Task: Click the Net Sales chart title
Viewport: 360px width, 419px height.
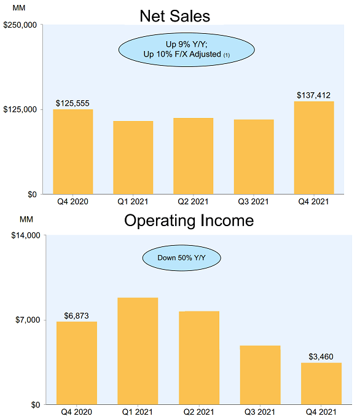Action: [x=174, y=15]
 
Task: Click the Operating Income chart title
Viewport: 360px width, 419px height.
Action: [x=189, y=220]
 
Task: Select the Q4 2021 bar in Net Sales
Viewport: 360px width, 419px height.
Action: [x=314, y=148]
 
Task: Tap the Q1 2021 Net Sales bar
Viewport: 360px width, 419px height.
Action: [x=133, y=158]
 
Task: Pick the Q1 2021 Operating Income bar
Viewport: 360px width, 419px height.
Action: [x=138, y=351]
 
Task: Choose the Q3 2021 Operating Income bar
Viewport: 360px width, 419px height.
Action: [x=260, y=375]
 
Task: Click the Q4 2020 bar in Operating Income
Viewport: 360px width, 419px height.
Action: [x=77, y=362]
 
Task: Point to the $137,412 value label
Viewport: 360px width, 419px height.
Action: [x=314, y=95]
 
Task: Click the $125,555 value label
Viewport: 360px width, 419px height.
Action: [x=72, y=103]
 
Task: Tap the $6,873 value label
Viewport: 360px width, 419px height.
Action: [x=77, y=316]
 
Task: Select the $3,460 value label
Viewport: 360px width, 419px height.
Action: [x=321, y=357]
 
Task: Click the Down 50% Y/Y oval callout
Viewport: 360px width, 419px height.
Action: [x=181, y=258]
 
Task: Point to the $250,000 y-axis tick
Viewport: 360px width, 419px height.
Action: [x=21, y=25]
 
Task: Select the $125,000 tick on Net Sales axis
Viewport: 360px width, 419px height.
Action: [x=21, y=109]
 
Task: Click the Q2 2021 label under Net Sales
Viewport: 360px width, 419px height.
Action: [x=194, y=201]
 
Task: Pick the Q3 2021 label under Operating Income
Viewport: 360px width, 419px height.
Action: [x=260, y=411]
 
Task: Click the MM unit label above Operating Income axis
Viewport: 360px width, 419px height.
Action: [x=26, y=219]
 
